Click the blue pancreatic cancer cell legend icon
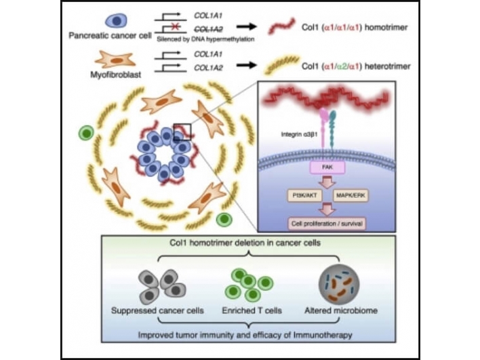[x=109, y=19]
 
